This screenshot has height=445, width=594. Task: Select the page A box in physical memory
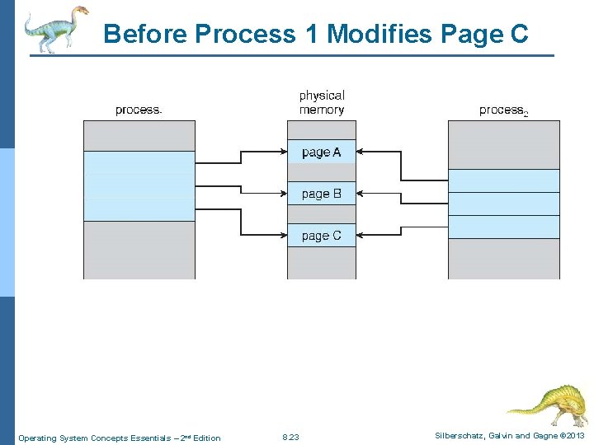[x=321, y=152]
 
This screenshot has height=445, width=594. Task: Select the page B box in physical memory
[x=321, y=194]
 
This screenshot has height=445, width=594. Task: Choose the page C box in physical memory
[x=321, y=236]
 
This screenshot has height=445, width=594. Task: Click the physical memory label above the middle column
[x=321, y=103]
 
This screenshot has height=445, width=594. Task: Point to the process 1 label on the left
[x=139, y=110]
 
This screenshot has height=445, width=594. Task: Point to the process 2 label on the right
[x=502, y=110]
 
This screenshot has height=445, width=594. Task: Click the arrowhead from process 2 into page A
[x=363, y=152]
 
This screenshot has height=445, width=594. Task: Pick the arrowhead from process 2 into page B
[x=363, y=194]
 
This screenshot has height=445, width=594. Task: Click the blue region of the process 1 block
[x=139, y=185]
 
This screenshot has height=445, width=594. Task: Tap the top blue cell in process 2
[x=503, y=180]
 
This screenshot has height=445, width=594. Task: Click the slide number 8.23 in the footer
[x=290, y=438]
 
